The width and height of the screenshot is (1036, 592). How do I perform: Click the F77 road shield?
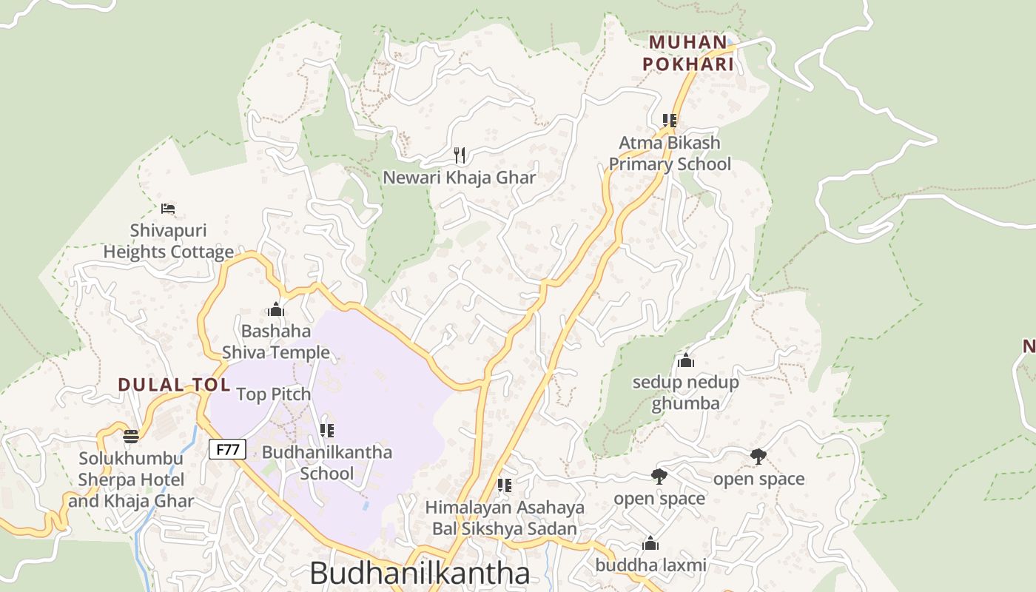tap(227, 448)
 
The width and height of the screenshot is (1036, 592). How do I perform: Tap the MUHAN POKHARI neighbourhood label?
tap(688, 53)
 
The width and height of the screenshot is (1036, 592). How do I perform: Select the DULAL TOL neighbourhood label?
tap(175, 385)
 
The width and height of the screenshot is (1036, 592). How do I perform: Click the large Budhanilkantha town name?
tap(420, 573)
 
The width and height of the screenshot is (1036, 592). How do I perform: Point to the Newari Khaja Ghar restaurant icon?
tap(460, 155)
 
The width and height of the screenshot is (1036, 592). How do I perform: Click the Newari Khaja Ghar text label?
tap(460, 178)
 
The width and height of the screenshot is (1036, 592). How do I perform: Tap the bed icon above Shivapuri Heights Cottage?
tap(168, 209)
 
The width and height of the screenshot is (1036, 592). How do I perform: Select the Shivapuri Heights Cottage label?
tap(169, 241)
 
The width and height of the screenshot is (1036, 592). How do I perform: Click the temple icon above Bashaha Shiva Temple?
tap(276, 309)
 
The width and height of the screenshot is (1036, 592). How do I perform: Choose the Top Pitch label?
tap(274, 394)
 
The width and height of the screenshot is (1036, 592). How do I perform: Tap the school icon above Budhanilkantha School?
tap(326, 430)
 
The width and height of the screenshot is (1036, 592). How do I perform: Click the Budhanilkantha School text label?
tap(327, 462)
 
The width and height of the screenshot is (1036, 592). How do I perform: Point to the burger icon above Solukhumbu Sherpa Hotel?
tap(131, 436)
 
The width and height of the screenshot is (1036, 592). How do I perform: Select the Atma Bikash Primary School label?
tap(670, 153)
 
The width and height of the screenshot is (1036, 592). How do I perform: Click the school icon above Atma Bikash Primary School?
tap(670, 120)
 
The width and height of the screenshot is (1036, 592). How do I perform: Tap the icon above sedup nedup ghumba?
tap(686, 361)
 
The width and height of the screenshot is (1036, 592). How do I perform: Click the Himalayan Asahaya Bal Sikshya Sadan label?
tap(505, 518)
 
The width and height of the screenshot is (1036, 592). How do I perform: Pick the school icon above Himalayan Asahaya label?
tap(505, 485)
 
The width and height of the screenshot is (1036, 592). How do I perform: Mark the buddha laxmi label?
tap(651, 565)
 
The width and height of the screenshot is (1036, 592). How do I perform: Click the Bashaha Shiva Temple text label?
tap(276, 341)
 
